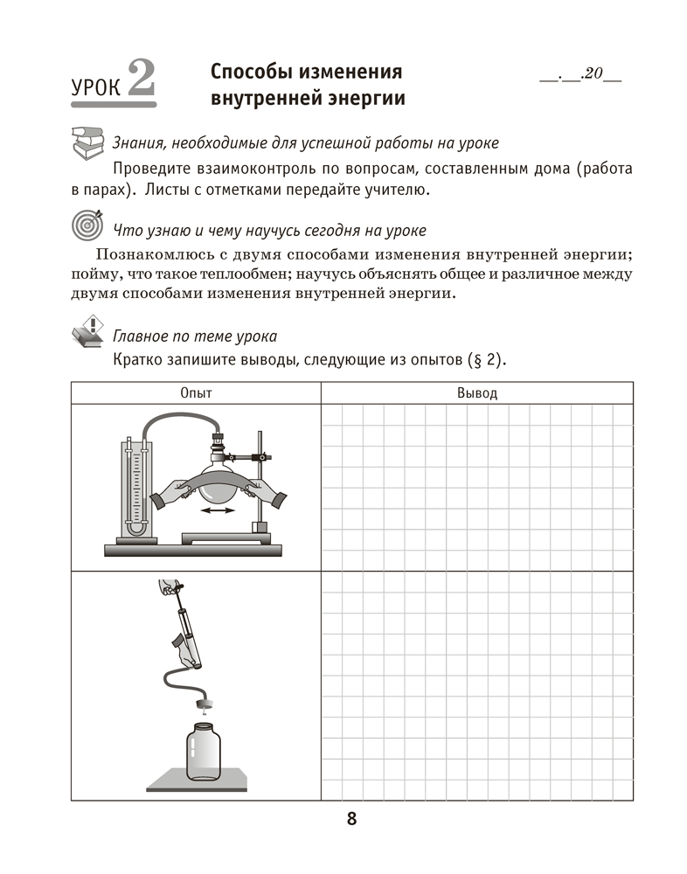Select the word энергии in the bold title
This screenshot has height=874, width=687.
367,98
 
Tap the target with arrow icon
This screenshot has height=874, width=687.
87,225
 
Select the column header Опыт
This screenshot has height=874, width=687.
196,393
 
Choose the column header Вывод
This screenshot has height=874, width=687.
476,393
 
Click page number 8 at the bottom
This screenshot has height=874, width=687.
351,819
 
